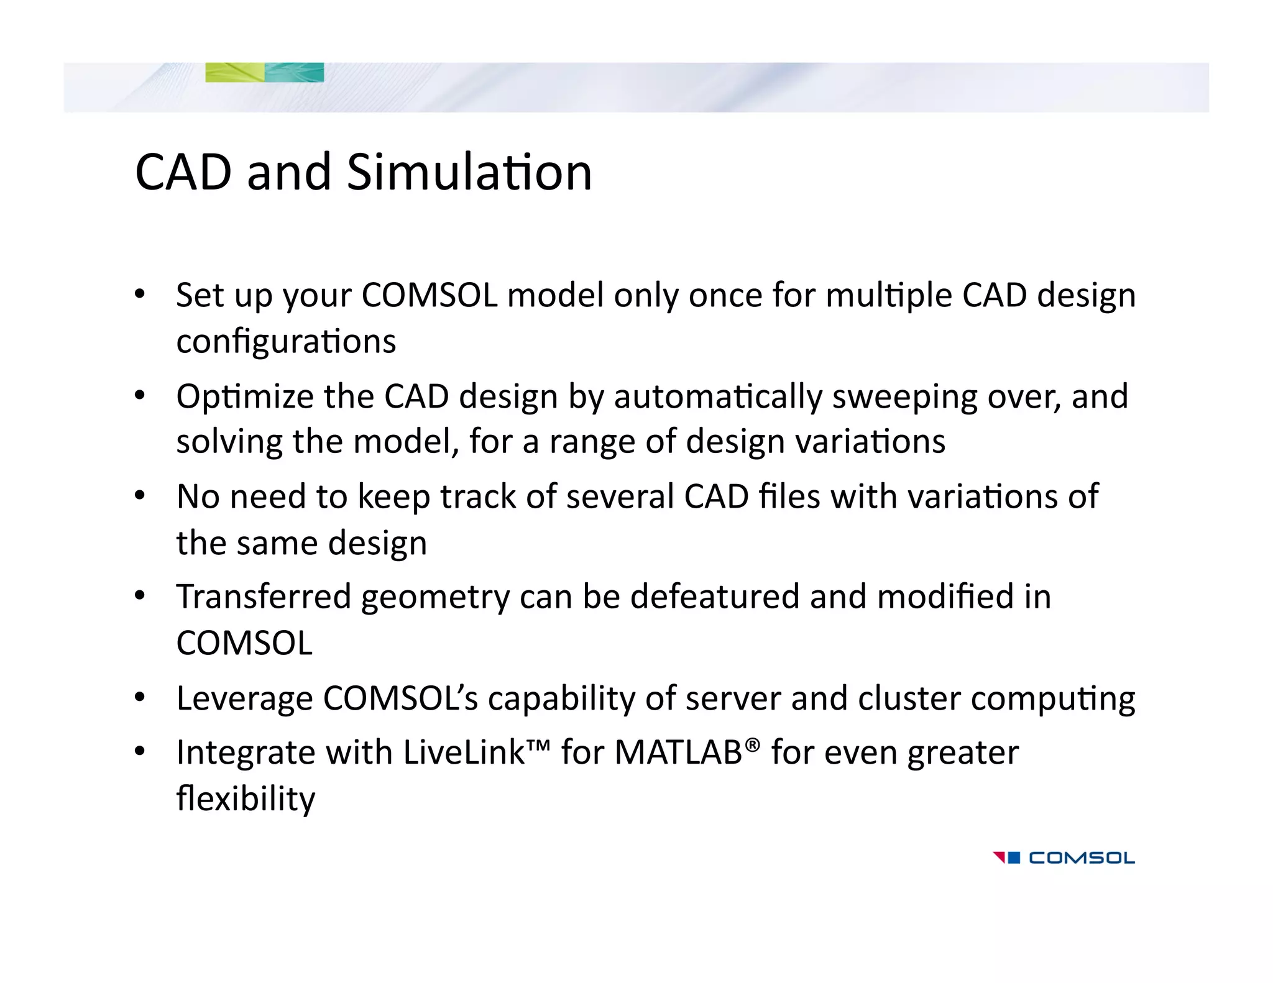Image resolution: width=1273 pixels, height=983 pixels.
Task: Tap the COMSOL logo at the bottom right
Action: pyautogui.click(x=1064, y=858)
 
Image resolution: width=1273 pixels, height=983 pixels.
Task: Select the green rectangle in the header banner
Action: pyautogui.click(x=235, y=73)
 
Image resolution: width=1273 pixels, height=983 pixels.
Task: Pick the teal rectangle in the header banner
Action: pyautogui.click(x=295, y=73)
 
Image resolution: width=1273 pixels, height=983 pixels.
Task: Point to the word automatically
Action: pyautogui.click(x=718, y=397)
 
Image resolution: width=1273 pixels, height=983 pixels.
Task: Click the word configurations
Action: pyautogui.click(x=286, y=342)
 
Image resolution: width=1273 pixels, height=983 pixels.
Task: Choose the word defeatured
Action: pyautogui.click(x=715, y=597)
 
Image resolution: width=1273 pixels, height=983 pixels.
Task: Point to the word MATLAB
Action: pyautogui.click(x=678, y=753)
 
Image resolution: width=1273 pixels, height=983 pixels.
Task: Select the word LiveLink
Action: pyautogui.click(x=464, y=753)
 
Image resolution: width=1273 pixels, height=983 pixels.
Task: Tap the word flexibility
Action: pyautogui.click(x=246, y=800)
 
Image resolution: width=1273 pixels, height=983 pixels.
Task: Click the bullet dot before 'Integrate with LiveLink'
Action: pyautogui.click(x=140, y=752)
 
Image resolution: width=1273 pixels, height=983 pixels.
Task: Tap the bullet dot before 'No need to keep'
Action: pyautogui.click(x=140, y=496)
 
